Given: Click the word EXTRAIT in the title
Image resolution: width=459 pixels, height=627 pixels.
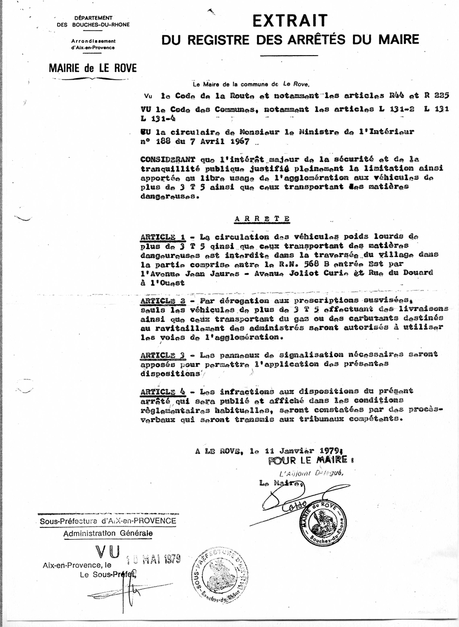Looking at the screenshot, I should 290,21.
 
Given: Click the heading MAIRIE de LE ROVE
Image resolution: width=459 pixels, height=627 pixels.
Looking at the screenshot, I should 93,68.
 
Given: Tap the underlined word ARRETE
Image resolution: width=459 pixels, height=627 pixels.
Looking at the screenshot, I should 262,219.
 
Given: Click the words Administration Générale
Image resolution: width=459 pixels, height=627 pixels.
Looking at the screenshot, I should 108,534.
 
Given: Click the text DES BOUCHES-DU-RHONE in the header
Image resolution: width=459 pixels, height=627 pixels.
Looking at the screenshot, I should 93,24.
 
